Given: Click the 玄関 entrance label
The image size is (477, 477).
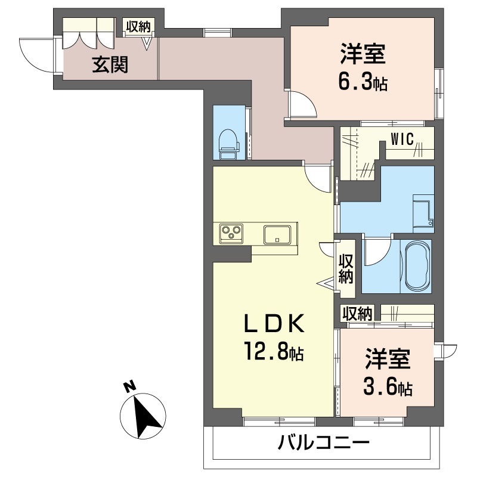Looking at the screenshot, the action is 110,65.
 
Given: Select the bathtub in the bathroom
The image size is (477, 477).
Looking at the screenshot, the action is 417,266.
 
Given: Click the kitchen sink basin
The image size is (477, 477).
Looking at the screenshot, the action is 277,234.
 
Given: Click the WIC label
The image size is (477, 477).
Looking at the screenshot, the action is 402,140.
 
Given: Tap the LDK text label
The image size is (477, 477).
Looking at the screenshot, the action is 274,324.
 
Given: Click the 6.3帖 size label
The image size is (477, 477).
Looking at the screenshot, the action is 363,82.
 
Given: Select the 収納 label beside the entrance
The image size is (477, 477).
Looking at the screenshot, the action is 139,27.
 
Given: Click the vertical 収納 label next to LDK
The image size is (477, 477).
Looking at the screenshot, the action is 346,269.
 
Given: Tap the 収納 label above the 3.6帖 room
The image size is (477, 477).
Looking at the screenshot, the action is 357,314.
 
